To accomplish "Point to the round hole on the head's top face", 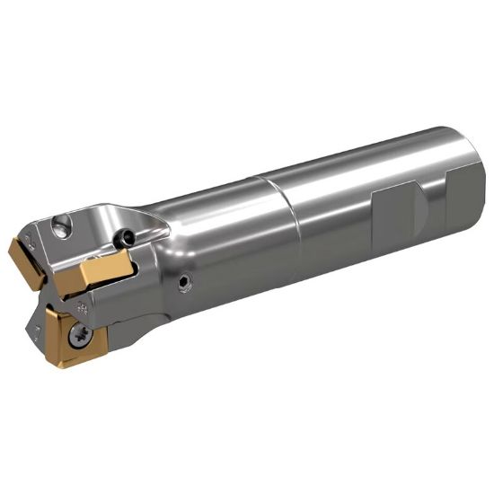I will coord(60,230).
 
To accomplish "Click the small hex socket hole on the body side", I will coord(185,283).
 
